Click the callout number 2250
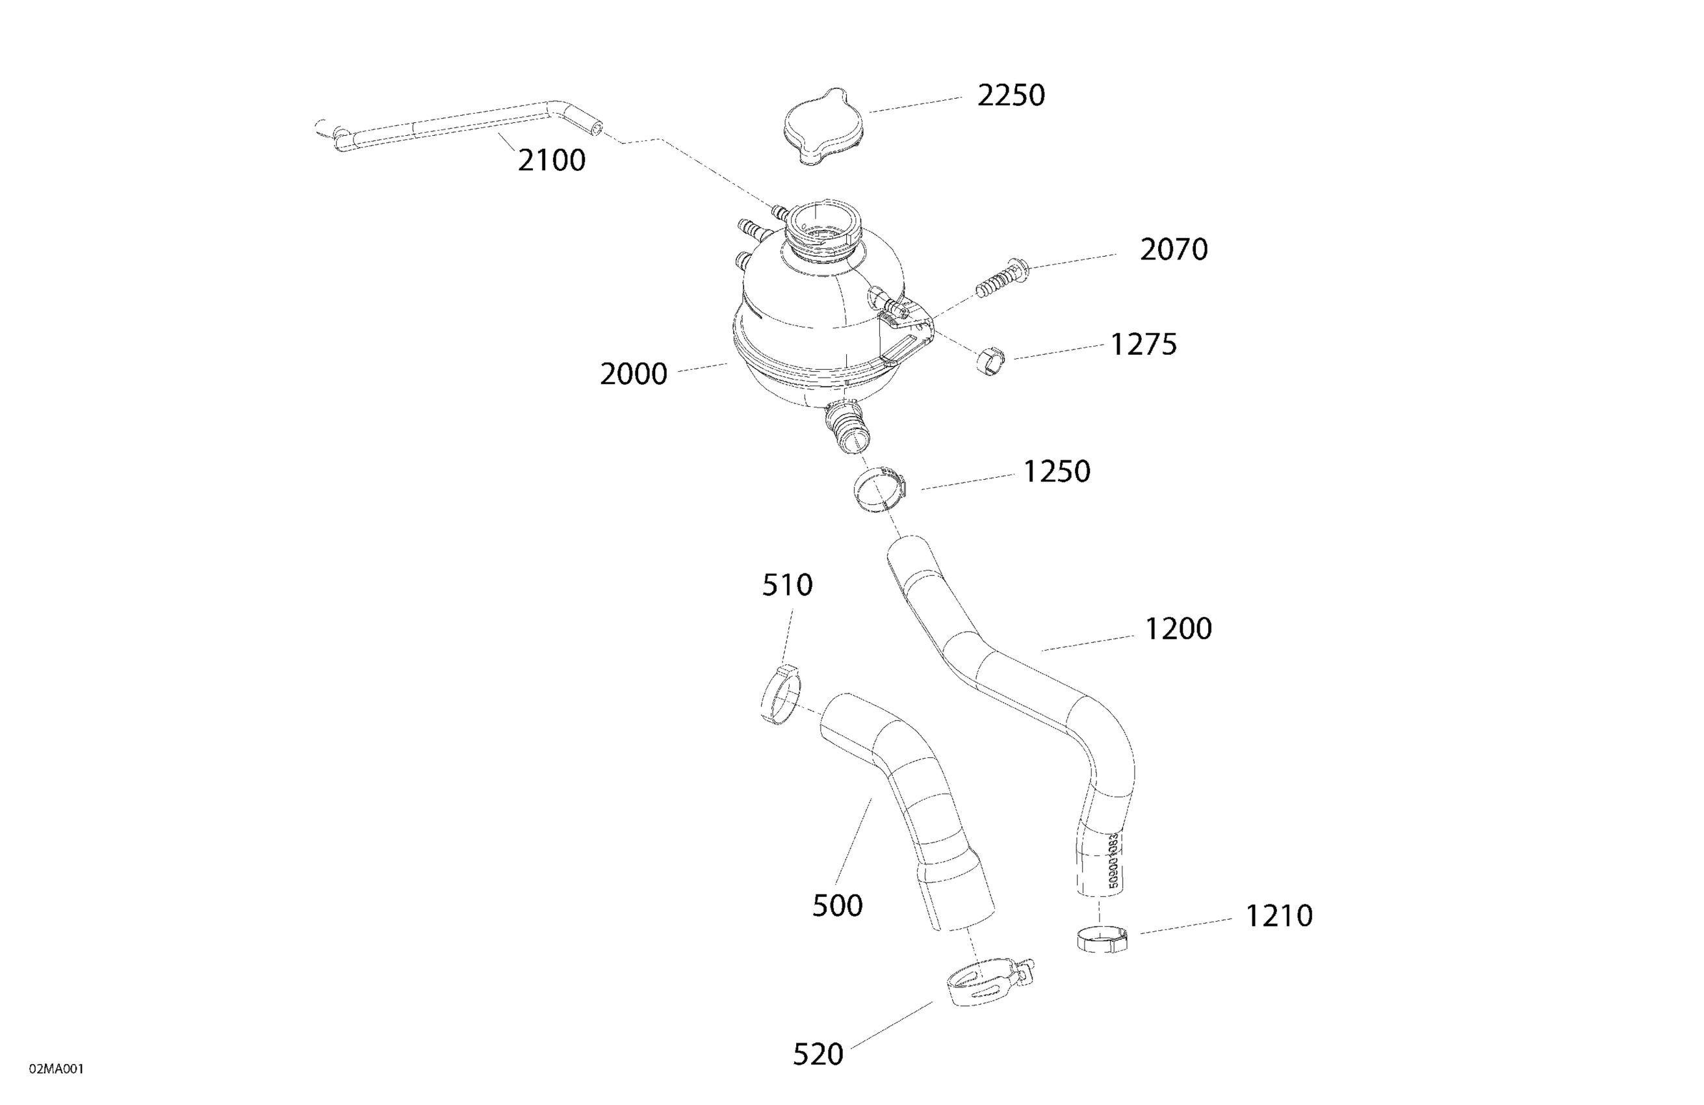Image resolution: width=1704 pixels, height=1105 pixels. [1011, 96]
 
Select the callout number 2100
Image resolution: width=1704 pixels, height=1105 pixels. [551, 161]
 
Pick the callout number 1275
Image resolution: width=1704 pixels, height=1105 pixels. [1142, 344]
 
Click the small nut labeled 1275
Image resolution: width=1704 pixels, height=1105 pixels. [991, 360]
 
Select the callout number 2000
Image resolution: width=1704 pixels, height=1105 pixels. [633, 374]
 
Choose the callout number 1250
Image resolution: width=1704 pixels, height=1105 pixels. [1056, 472]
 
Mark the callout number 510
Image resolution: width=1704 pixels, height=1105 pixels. [787, 586]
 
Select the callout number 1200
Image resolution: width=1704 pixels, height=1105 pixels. [1178, 629]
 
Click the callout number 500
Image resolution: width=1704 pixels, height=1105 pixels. [837, 906]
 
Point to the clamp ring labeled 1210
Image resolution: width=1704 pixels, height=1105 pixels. [1101, 939]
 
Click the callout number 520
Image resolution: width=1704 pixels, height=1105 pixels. [818, 1054]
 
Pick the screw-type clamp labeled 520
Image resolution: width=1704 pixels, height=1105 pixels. [985, 984]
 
